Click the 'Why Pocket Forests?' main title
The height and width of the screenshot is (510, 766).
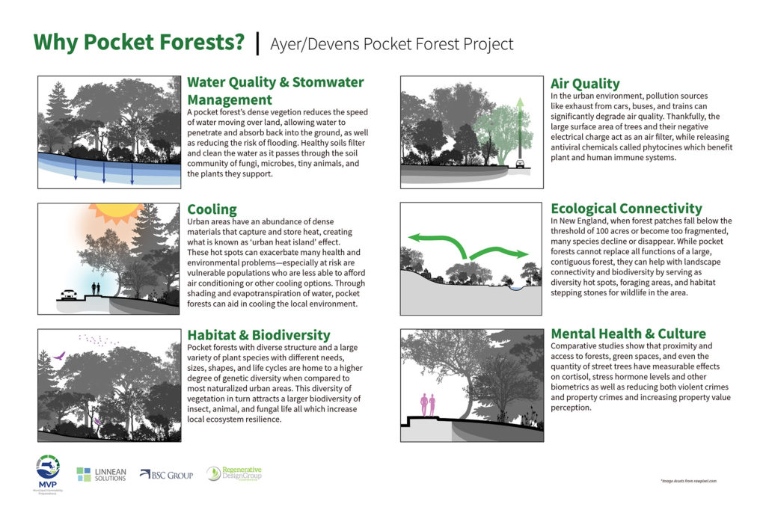click(139, 42)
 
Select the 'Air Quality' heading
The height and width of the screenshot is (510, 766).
click(585, 84)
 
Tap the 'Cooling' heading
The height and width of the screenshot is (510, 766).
click(212, 209)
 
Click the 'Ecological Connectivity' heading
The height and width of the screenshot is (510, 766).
click(626, 209)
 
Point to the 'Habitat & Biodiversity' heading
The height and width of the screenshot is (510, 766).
click(258, 335)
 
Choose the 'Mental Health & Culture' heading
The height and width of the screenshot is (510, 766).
click(628, 334)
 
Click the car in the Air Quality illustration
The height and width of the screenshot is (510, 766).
click(518, 162)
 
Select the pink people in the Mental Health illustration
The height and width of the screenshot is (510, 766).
click(428, 405)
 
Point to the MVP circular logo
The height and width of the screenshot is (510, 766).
click(47, 469)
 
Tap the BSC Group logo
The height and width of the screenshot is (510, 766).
click(171, 474)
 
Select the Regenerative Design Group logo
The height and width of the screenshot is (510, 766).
click(234, 473)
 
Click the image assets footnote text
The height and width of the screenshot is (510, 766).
click(689, 482)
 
